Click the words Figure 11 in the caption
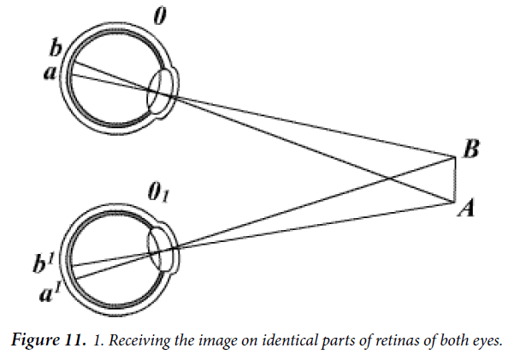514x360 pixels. point(47,340)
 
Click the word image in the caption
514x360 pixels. point(213,341)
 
